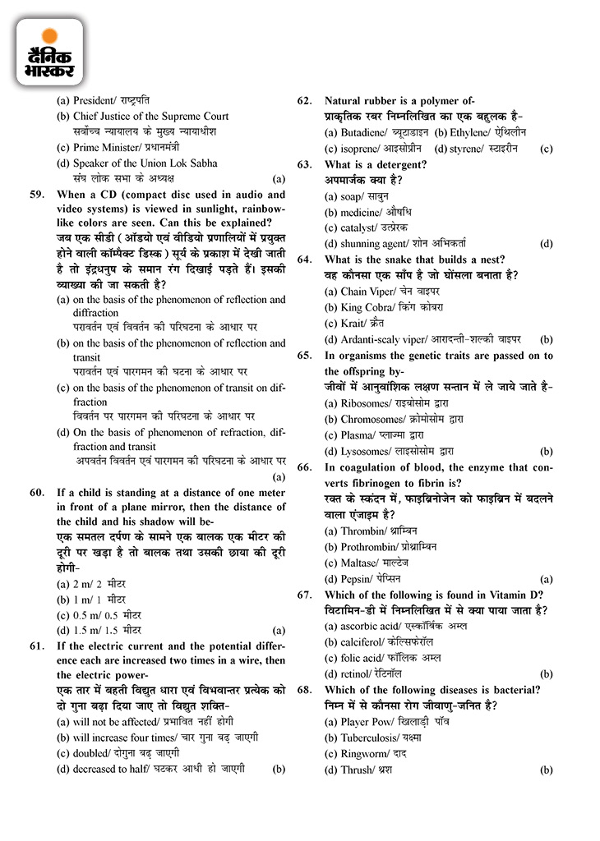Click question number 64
pos(305,260)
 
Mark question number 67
pos(305,595)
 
